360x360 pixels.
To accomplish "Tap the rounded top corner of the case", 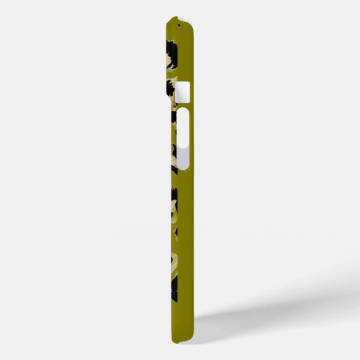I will pos(193,24).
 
